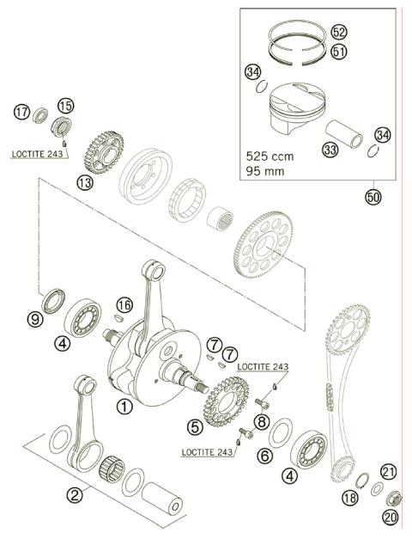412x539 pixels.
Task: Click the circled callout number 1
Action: pos(125,408)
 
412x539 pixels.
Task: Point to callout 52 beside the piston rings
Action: pos(338,31)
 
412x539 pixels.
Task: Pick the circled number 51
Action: pos(338,51)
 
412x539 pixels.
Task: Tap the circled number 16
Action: pos(124,305)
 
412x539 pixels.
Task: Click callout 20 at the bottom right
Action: pos(390,518)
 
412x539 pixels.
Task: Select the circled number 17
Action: pos(21,111)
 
